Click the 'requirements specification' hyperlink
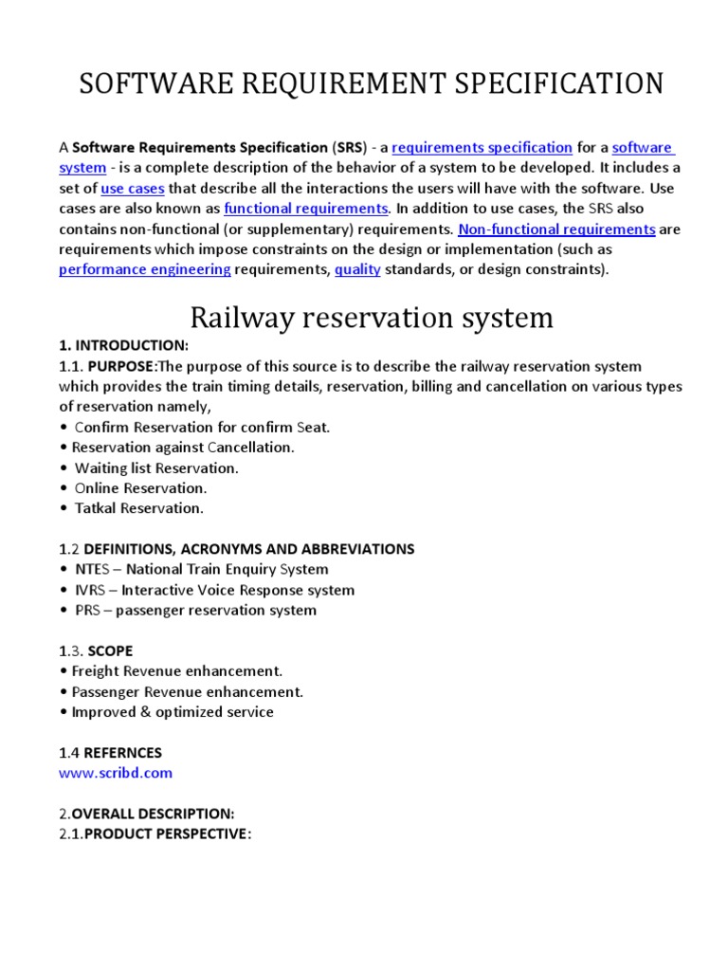click(482, 148)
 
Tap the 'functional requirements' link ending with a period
click(306, 209)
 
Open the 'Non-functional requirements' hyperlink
click(556, 229)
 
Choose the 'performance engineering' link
click(145, 269)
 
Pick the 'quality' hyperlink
click(357, 269)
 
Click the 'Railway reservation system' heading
click(372, 317)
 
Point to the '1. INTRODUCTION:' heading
click(124, 345)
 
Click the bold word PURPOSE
click(121, 366)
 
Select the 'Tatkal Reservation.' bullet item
click(138, 508)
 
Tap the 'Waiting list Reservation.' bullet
click(156, 467)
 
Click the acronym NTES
click(95, 570)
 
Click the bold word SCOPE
click(111, 651)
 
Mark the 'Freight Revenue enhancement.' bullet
click(176, 671)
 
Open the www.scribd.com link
click(116, 773)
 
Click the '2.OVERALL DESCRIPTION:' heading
click(146, 814)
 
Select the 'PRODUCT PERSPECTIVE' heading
click(167, 834)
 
